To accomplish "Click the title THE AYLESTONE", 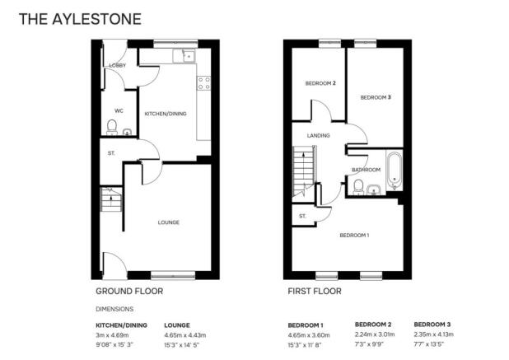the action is [x=80, y=19].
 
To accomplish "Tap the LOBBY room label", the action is [x=118, y=65].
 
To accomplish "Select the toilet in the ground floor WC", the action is [x=112, y=127].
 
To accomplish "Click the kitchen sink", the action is [x=184, y=56].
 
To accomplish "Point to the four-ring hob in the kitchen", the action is [x=203, y=82].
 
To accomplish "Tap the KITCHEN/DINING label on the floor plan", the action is [x=166, y=114].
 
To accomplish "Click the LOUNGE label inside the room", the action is [x=169, y=222].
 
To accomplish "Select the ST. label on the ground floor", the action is [x=111, y=153].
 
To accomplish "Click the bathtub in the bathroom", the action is [x=395, y=171].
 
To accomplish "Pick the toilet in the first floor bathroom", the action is [x=358, y=187].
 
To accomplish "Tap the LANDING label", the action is [x=319, y=135].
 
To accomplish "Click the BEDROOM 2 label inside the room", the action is [x=320, y=83].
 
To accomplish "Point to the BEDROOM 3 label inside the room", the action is [x=376, y=97].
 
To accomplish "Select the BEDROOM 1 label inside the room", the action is [x=354, y=235].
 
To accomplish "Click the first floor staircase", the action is [x=304, y=171].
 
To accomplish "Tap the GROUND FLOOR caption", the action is [x=129, y=291].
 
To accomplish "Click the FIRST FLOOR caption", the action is [x=315, y=291].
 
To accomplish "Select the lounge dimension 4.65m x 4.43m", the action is [x=185, y=335].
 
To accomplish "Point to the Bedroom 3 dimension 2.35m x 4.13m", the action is [x=434, y=334].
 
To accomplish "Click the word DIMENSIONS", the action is [x=114, y=309].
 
